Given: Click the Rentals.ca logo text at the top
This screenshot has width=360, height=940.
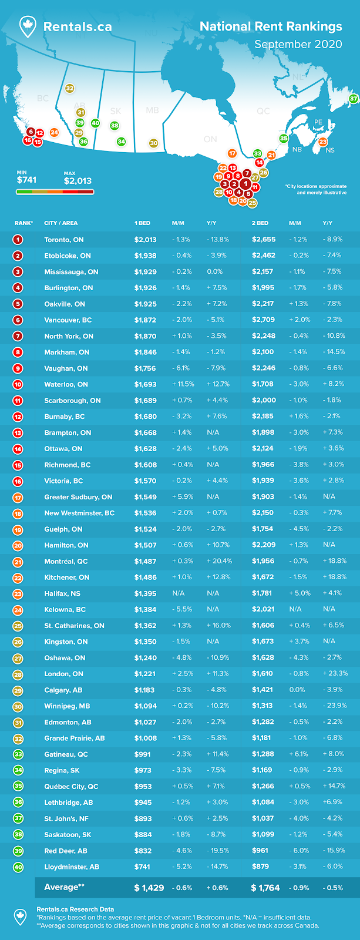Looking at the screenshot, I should (x=77, y=26).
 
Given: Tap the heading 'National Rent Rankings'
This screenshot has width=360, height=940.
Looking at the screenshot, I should (x=271, y=26).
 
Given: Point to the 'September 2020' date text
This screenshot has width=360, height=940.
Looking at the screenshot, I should (x=298, y=45).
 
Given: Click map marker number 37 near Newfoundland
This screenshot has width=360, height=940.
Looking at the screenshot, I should (x=353, y=99).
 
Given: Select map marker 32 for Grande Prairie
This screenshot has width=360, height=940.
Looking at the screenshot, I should (x=69, y=88).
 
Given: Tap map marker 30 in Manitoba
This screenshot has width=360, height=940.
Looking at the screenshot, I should (x=153, y=143).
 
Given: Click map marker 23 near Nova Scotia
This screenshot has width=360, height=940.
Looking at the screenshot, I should (x=323, y=142).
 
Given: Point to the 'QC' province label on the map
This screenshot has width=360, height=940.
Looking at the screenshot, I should (x=263, y=111).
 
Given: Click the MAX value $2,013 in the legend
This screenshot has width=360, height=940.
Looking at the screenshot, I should (x=78, y=181).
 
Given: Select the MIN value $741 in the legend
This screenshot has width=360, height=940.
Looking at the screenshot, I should (x=26, y=180).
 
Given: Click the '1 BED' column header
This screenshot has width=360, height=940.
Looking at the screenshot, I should (x=142, y=223).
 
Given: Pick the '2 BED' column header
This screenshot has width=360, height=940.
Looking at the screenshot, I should (x=260, y=223).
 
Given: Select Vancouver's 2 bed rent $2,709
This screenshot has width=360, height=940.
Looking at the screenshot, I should (x=264, y=320).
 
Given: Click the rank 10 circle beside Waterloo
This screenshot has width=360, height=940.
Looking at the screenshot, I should (x=18, y=384).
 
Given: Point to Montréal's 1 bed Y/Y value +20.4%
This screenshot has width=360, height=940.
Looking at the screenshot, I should (x=219, y=561).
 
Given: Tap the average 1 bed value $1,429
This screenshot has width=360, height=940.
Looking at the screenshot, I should (x=149, y=888).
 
